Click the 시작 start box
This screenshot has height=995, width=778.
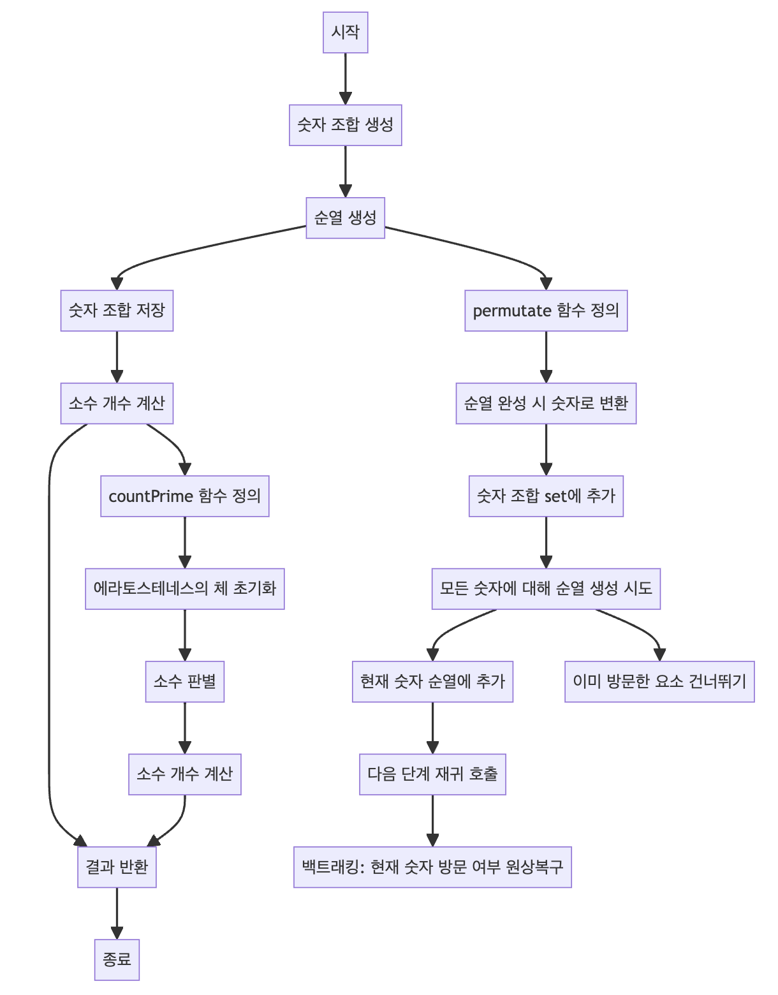[x=345, y=32]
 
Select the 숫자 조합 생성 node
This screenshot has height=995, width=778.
[x=345, y=125]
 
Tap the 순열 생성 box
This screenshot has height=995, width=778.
[x=345, y=217]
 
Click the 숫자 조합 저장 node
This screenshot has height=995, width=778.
[x=117, y=311]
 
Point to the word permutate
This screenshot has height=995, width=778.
[x=511, y=311]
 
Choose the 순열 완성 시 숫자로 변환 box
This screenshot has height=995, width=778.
[x=546, y=403]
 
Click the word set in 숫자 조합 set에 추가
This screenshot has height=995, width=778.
[x=555, y=496]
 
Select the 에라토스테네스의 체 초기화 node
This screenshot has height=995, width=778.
[x=185, y=589]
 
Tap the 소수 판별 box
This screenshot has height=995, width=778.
[x=185, y=682]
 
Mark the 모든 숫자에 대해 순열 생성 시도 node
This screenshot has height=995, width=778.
[x=546, y=589]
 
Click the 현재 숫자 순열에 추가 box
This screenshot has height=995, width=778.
[x=432, y=682]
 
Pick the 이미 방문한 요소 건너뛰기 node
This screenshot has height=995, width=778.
[x=659, y=682]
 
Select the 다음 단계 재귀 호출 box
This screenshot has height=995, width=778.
[x=432, y=774]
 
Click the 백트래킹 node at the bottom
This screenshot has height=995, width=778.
[x=432, y=867]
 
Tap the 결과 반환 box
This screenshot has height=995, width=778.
[x=117, y=867]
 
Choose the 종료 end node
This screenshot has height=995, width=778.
[x=117, y=960]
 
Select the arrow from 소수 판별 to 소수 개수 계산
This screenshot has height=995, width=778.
[x=185, y=728]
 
